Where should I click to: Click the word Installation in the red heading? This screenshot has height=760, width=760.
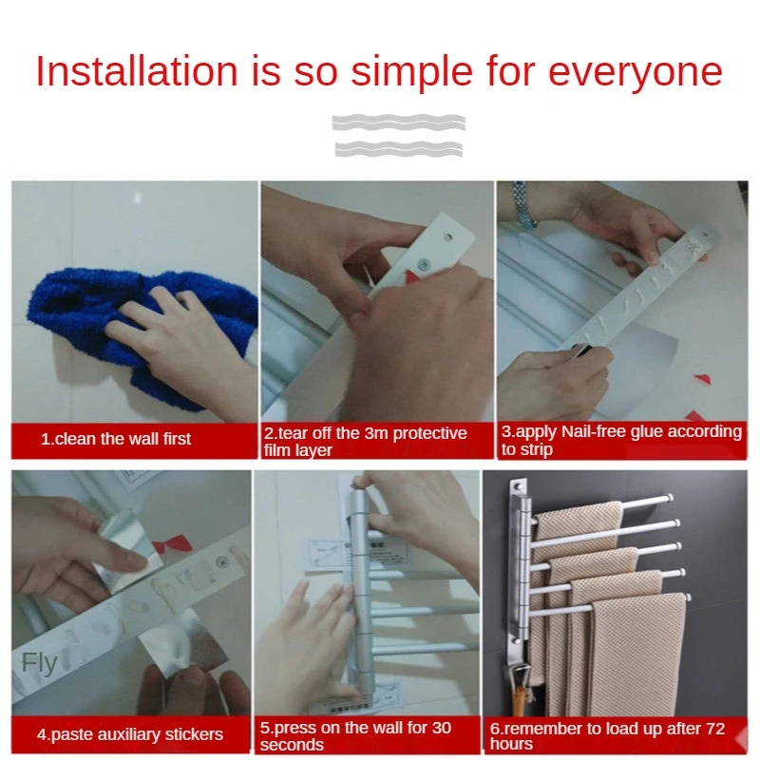(137, 71)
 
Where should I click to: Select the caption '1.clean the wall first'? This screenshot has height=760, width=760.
(116, 439)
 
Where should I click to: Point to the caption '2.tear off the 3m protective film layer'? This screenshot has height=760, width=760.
(365, 441)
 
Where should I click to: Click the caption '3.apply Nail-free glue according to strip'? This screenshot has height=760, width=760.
(621, 440)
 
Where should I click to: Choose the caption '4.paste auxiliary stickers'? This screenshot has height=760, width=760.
(130, 734)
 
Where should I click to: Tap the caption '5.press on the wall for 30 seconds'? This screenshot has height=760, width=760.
(355, 735)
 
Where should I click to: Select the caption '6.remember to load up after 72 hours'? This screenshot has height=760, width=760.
(607, 735)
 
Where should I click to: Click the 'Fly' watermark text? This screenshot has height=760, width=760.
(39, 663)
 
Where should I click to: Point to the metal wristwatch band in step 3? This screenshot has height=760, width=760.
(523, 205)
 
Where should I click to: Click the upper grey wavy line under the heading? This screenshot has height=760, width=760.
(399, 123)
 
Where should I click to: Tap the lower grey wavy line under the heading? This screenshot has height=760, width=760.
(399, 149)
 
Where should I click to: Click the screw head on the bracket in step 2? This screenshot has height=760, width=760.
(425, 264)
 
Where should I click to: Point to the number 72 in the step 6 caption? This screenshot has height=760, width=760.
(715, 729)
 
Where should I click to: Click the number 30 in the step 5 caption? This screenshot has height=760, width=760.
(441, 728)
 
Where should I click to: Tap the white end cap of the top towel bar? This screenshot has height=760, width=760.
(669, 497)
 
